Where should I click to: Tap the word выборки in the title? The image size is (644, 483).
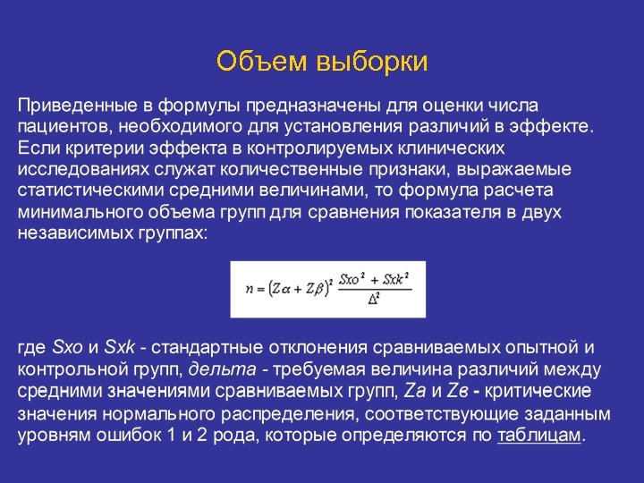(367, 62)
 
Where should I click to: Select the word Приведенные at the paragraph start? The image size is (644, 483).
(73, 105)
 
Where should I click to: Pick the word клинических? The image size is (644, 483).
(448, 148)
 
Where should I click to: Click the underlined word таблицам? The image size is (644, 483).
(538, 436)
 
